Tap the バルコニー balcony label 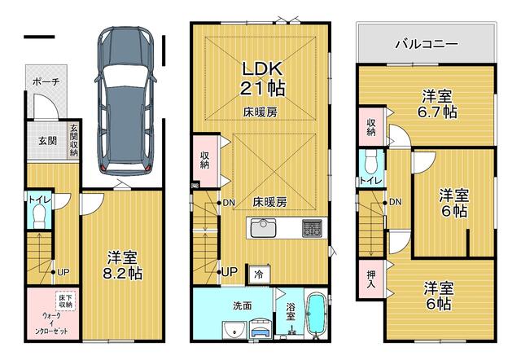[427, 44]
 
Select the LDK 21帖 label [262, 78]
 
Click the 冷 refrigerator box [259, 274]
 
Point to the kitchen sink [263, 228]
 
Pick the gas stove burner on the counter [312, 228]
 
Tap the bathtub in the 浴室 [317, 313]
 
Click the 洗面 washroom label [242, 305]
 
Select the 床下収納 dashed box [66, 301]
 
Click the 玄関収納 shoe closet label [74, 140]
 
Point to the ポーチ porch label [46, 82]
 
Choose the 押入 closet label [371, 279]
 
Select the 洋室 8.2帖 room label [123, 266]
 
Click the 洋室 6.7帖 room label [437, 105]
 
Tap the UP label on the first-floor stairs [63, 272]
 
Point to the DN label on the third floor [395, 202]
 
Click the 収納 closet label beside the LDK [204, 160]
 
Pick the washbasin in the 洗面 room [235, 330]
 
